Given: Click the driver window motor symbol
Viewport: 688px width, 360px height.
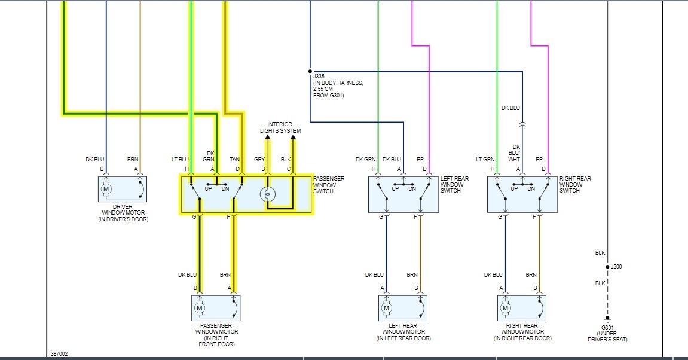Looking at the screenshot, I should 106,190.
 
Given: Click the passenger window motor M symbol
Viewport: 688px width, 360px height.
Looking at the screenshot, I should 200,309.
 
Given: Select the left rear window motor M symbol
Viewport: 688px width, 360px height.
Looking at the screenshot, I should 387,309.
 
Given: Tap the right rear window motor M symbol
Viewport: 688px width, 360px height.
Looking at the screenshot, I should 505,309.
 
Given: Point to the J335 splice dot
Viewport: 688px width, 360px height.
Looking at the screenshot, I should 310,70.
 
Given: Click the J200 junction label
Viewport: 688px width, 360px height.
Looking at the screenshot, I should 616,267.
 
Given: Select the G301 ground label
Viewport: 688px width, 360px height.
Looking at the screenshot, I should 607,328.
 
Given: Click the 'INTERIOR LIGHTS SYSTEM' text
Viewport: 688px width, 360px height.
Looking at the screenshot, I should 280,127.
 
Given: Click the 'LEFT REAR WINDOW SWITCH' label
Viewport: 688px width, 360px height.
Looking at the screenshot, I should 454,185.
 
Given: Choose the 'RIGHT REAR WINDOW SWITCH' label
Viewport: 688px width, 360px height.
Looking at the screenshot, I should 575,185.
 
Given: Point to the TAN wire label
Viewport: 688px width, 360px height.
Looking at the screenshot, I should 235,160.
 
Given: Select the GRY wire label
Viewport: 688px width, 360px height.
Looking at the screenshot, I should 259,160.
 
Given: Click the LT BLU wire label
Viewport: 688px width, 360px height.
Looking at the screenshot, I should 180,160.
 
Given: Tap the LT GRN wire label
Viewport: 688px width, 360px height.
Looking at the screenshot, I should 485,160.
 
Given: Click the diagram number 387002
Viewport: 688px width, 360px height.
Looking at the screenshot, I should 59,354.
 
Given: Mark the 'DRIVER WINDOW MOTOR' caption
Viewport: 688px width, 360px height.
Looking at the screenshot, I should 123,213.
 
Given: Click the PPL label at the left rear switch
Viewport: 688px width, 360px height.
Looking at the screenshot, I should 421,160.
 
